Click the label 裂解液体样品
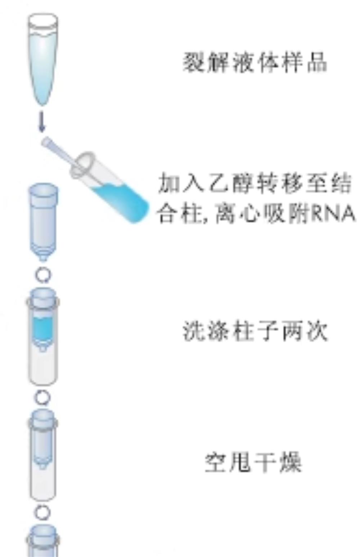pos(255,62)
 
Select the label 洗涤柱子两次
pos(255,331)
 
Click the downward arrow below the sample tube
pos(42,122)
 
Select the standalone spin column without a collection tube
pos(43,222)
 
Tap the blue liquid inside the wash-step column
pos(43,328)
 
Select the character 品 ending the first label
pos(317,62)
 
